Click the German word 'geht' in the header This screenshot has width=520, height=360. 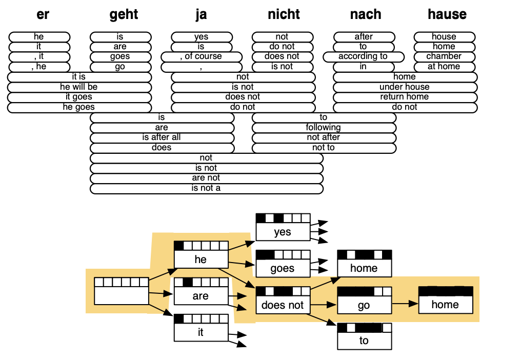pos(124,14)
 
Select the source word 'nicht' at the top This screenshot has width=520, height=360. pos(284,14)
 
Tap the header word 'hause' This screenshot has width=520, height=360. pos(447,14)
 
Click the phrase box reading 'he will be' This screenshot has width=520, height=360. pos(79,87)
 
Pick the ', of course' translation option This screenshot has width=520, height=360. pos(201,56)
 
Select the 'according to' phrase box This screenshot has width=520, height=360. pos(363,56)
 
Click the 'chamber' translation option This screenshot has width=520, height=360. pos(444,56)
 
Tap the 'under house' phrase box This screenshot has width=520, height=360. pos(405,87)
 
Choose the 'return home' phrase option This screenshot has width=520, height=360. pos(405,97)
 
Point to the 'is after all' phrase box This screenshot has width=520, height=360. pos(162,137)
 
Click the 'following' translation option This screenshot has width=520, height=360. pos(324,127)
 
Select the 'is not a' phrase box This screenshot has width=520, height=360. pos(206,188)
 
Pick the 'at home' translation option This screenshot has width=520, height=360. pos(444,67)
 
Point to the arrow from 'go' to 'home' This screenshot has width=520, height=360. pos(405,304)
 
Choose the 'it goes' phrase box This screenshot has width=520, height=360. pos(79,97)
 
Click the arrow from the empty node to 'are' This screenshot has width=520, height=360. pos(161,294)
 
